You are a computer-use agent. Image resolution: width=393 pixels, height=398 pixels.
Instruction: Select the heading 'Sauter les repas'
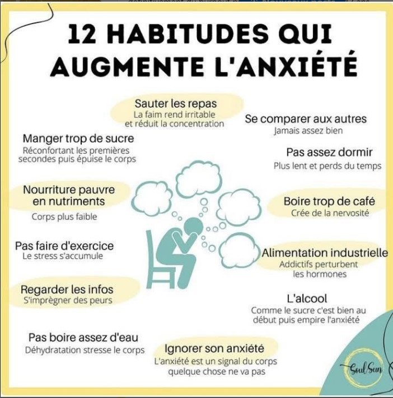[x=176, y=103]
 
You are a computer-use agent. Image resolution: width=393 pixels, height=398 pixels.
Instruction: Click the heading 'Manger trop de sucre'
[x=78, y=139]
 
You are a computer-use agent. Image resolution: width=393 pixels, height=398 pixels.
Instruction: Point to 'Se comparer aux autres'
[x=306, y=119]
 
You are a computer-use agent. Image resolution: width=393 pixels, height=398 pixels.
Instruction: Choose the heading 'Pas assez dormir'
[x=329, y=152]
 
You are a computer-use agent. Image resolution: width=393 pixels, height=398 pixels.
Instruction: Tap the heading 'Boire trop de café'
[x=329, y=201]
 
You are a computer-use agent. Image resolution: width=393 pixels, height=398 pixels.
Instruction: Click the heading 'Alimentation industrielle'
[x=325, y=253]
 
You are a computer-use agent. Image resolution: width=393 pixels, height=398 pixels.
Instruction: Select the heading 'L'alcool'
[x=307, y=298]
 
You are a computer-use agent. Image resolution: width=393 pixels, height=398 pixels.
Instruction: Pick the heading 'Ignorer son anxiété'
[x=214, y=348]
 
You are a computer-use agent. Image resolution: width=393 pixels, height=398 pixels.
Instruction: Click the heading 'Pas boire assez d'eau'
[x=83, y=338]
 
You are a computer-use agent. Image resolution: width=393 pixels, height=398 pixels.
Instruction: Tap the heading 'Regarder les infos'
[x=67, y=290]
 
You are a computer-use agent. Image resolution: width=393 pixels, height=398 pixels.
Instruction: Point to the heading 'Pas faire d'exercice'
[x=64, y=246]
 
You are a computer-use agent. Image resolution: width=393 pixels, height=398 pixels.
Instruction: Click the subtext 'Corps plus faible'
[x=64, y=217]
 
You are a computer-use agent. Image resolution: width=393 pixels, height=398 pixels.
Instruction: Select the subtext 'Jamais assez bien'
[x=308, y=131]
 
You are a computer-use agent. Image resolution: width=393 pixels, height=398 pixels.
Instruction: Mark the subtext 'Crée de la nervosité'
[x=330, y=213]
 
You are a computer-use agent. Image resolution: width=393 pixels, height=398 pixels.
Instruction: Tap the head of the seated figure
[x=194, y=225]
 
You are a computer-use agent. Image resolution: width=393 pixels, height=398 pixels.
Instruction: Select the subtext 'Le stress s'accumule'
[x=63, y=256]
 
